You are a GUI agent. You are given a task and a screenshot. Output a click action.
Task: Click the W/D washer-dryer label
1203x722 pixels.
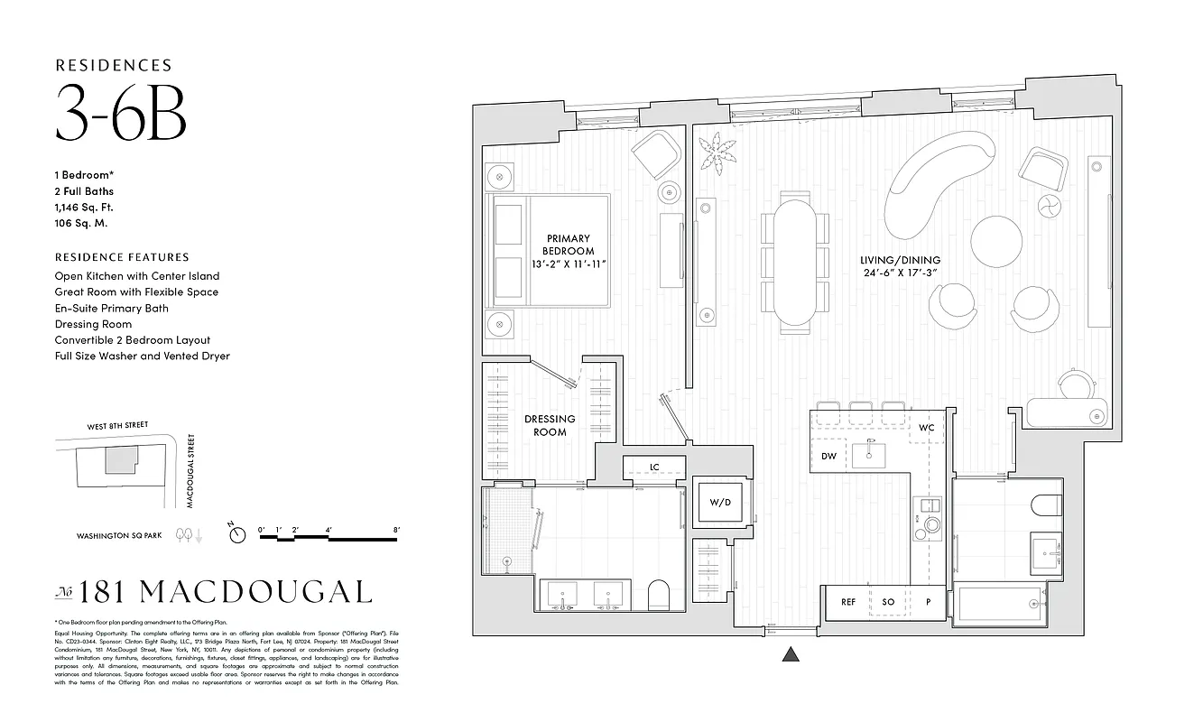point(718,502)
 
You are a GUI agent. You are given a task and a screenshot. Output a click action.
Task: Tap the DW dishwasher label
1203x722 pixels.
point(828,457)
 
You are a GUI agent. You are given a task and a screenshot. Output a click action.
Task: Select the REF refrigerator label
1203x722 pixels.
point(848,602)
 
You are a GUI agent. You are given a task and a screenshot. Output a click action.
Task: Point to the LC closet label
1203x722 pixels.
point(654,467)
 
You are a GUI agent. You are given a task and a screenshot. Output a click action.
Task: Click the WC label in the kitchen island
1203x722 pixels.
point(927,428)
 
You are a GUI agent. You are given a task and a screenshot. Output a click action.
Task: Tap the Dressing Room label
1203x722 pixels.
point(550,425)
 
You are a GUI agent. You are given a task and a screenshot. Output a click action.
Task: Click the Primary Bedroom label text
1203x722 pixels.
point(568,250)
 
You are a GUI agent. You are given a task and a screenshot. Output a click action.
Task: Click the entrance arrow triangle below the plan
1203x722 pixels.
point(791,656)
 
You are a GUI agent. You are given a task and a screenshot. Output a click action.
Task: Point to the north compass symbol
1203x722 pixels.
point(237,535)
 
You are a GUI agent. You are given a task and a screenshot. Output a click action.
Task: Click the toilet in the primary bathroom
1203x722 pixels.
point(657,595)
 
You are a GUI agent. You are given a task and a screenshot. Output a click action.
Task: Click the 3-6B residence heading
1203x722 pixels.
point(121,113)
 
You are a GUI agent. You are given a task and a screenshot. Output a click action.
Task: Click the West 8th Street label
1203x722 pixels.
point(117,426)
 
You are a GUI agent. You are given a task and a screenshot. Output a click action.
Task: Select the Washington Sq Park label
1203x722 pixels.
point(120,535)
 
